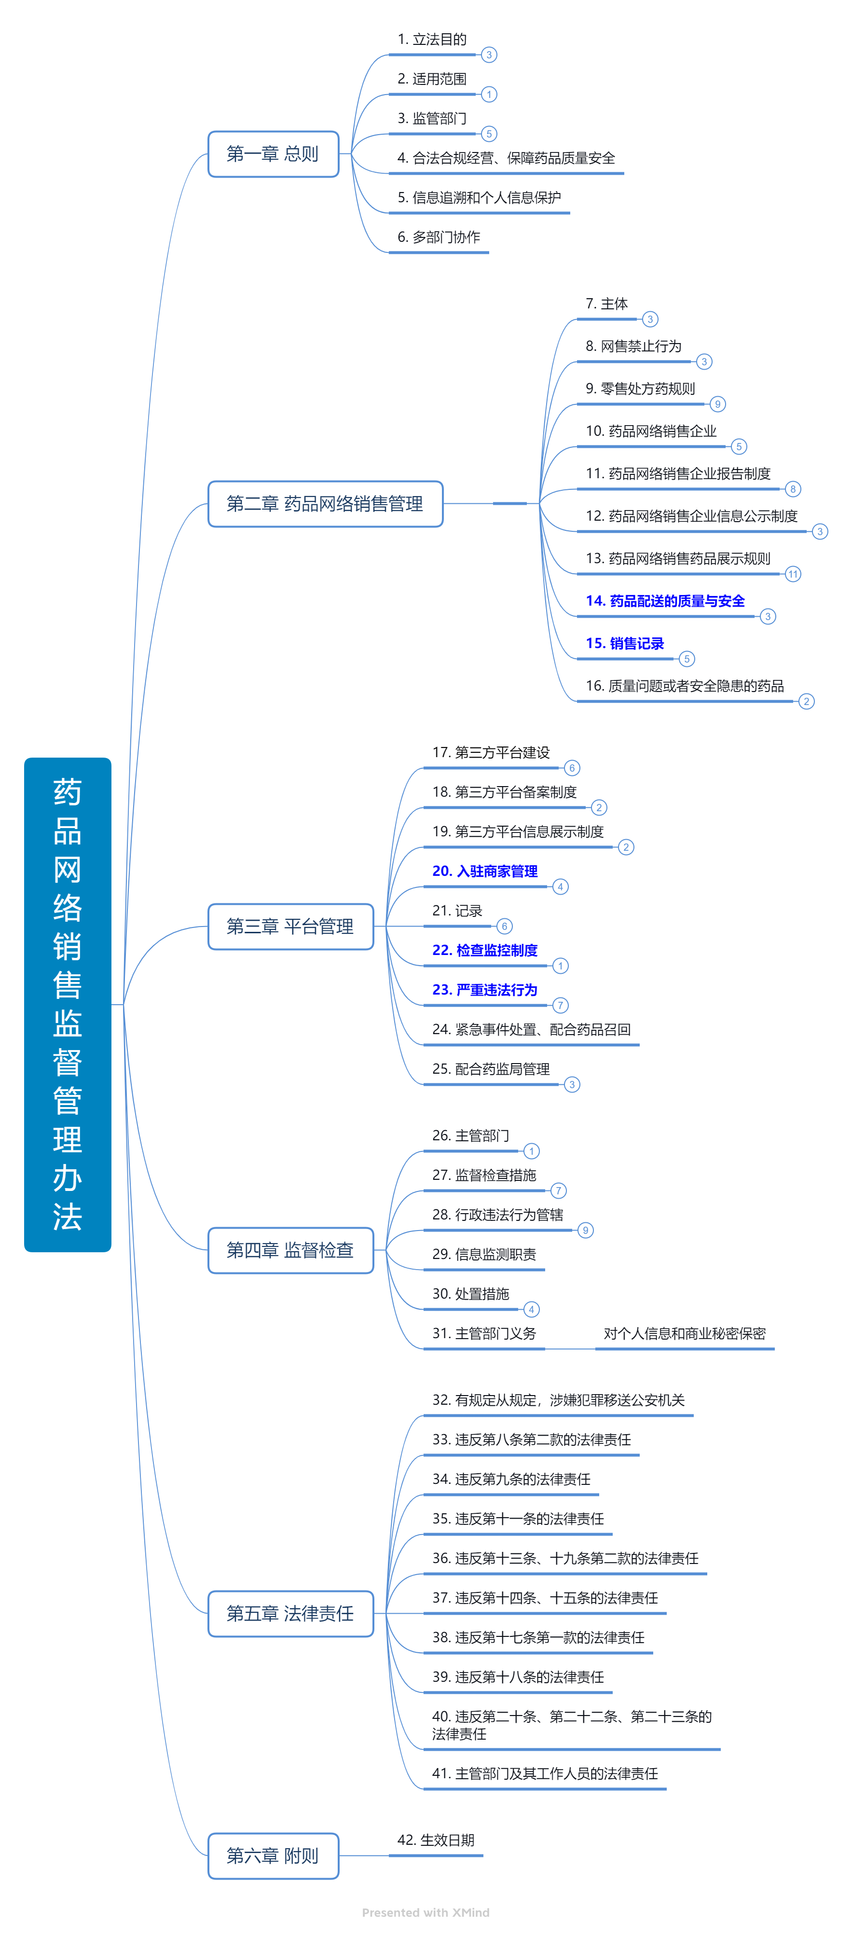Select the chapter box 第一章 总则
tap(273, 154)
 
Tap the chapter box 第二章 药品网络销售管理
tap(325, 504)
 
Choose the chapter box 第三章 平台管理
tap(290, 927)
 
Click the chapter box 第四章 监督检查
tap(290, 1250)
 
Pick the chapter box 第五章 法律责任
tap(290, 1614)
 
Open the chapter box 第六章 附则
tap(273, 1856)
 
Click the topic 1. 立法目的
tap(432, 39)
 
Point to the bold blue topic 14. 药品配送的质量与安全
tap(665, 601)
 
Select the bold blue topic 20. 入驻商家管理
tap(485, 871)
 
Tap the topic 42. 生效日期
tap(436, 1840)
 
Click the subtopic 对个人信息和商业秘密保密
tap(684, 1333)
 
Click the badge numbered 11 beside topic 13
tap(793, 574)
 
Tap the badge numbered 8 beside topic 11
tap(793, 489)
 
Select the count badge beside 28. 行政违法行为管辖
tap(585, 1230)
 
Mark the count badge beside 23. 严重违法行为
tap(560, 1005)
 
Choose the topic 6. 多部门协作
tap(439, 237)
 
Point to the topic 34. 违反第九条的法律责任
tap(511, 1479)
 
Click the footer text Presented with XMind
tap(426, 1912)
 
